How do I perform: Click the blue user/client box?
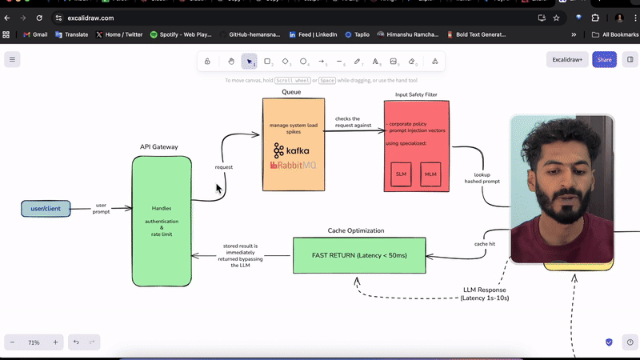pos(46,209)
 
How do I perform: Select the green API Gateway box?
pos(162,221)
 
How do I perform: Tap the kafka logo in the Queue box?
pos(291,150)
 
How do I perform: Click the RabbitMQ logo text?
pos(293,166)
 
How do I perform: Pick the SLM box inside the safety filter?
pos(401,174)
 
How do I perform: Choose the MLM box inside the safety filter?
pos(430,174)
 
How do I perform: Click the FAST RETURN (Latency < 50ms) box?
pos(359,255)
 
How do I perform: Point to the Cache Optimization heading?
pos(356,230)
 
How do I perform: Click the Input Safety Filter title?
pos(416,94)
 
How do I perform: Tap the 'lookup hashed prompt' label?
pos(482,178)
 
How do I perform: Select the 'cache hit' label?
pos(485,243)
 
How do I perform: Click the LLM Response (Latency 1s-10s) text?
pos(485,294)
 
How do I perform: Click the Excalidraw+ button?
pos(567,60)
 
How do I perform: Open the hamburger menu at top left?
pos(12,60)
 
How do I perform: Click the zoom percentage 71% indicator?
pos(34,342)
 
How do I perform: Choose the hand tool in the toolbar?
pos(231,61)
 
